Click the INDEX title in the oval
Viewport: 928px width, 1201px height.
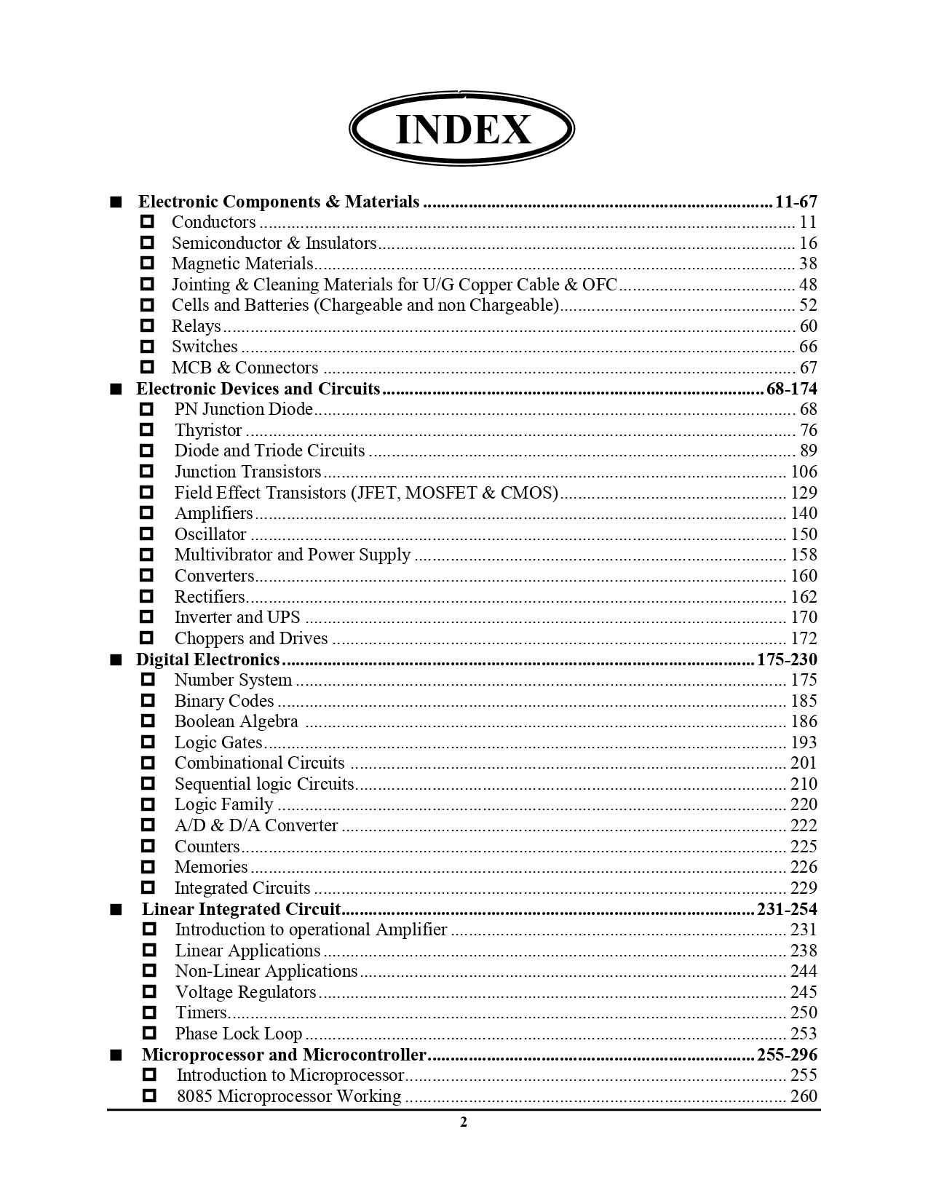tap(463, 130)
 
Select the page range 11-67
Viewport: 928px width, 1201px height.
tap(796, 202)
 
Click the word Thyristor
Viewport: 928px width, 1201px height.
tap(208, 430)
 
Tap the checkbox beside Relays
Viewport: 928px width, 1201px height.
tap(147, 325)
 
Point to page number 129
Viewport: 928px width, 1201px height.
tap(804, 493)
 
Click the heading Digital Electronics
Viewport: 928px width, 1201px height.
tap(208, 659)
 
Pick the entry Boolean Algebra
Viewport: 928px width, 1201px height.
tap(237, 721)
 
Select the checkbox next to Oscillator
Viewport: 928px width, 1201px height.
tap(147, 534)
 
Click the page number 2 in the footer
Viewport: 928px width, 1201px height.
tap(464, 1122)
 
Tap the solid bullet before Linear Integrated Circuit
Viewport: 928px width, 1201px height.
tap(116, 909)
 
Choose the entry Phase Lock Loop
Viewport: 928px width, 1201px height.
tap(239, 1034)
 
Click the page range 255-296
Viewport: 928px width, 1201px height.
tap(787, 1055)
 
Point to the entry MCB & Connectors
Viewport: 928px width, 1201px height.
tap(245, 368)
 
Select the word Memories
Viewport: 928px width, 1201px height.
tap(211, 867)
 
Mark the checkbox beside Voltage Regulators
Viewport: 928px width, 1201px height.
tap(149, 992)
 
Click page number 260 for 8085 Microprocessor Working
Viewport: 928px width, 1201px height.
tap(804, 1096)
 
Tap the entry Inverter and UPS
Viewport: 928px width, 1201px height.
tap(237, 617)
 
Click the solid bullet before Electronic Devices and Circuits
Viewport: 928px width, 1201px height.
tap(116, 389)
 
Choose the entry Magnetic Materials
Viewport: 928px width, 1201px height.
tap(242, 263)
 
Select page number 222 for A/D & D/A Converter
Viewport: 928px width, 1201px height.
tap(804, 825)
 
